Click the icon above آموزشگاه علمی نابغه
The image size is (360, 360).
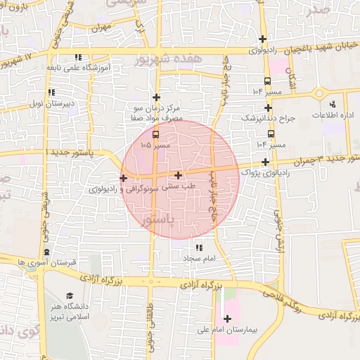(77, 57)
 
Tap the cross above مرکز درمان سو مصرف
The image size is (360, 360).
(156, 98)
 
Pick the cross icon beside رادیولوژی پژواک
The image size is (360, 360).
(265, 162)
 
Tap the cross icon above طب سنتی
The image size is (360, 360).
(179, 176)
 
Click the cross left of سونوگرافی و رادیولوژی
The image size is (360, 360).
(124, 178)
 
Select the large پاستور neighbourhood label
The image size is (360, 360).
(161, 220)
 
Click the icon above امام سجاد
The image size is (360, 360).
(199, 247)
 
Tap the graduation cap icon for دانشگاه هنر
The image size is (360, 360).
(70, 295)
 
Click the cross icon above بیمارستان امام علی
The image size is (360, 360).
(226, 319)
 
